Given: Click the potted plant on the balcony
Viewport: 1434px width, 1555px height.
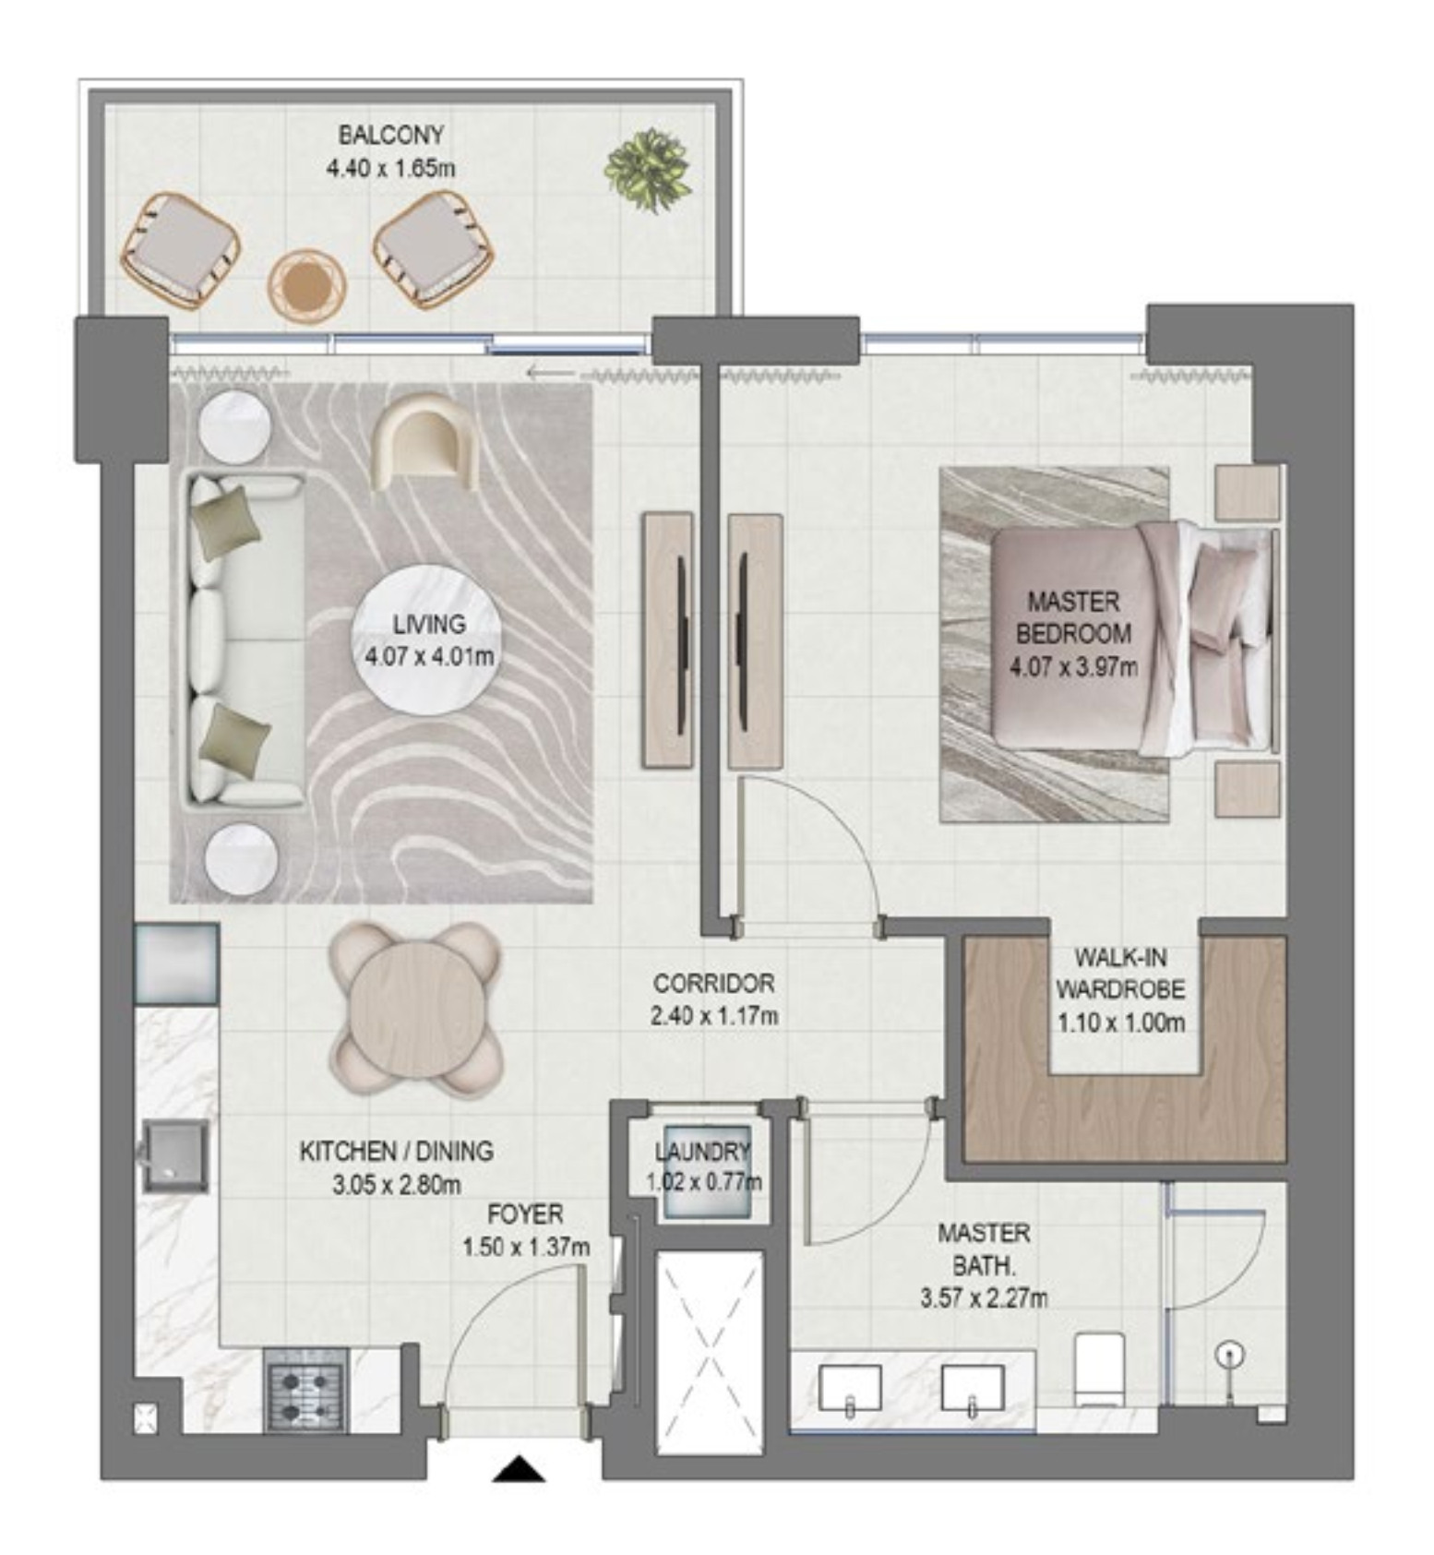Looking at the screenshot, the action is point(648,170).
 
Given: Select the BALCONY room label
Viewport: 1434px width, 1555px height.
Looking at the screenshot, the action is point(391,135).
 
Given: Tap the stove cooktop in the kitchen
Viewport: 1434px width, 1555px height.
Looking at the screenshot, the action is point(305,1390).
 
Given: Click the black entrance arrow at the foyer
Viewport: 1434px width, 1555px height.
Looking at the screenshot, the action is point(520,1468).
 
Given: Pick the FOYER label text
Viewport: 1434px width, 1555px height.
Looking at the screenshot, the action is point(525,1214).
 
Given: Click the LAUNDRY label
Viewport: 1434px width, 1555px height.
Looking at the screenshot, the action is point(702,1151).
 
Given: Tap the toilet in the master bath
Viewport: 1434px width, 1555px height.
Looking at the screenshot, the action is point(1099,1368).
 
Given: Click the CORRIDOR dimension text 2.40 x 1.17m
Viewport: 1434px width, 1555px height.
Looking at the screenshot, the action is point(714,1016).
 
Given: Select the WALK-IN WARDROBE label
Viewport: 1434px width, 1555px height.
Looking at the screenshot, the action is point(1120,973).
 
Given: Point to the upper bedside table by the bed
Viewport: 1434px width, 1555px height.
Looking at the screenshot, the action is point(1247,493).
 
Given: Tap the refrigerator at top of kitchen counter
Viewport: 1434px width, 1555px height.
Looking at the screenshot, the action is point(176,963).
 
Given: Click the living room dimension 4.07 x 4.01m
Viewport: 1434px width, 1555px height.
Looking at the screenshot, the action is point(429,657).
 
